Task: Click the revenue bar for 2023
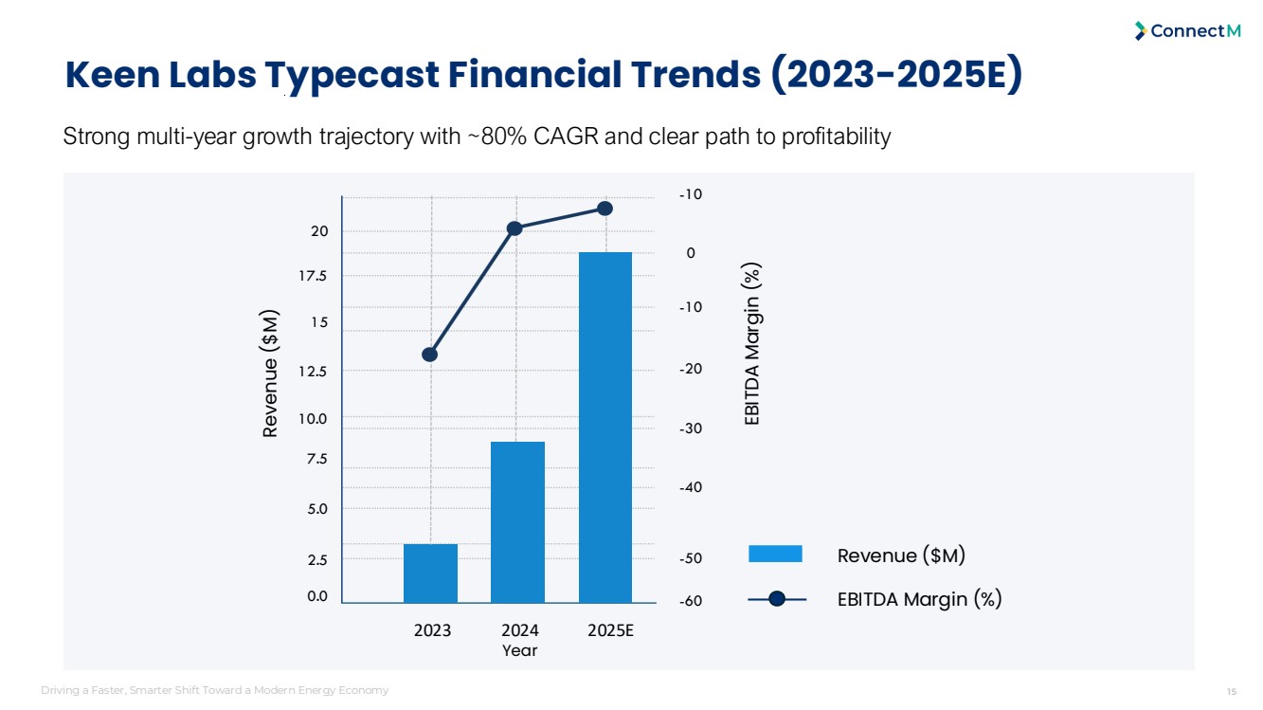pyautogui.click(x=430, y=573)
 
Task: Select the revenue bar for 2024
pyautogui.click(x=517, y=521)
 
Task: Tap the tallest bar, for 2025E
pyautogui.click(x=604, y=427)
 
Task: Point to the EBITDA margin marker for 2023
pyautogui.click(x=429, y=355)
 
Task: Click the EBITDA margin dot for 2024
pyautogui.click(x=515, y=228)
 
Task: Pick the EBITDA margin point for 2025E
pyautogui.click(x=604, y=209)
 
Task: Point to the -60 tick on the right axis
pyautogui.click(x=692, y=601)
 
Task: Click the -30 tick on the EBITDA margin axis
pyautogui.click(x=692, y=428)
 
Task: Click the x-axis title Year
pyautogui.click(x=519, y=650)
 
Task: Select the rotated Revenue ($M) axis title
pyautogui.click(x=271, y=373)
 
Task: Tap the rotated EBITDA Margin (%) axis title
pyautogui.click(x=752, y=343)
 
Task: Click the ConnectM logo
pyautogui.click(x=1187, y=31)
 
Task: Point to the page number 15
pyautogui.click(x=1231, y=690)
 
